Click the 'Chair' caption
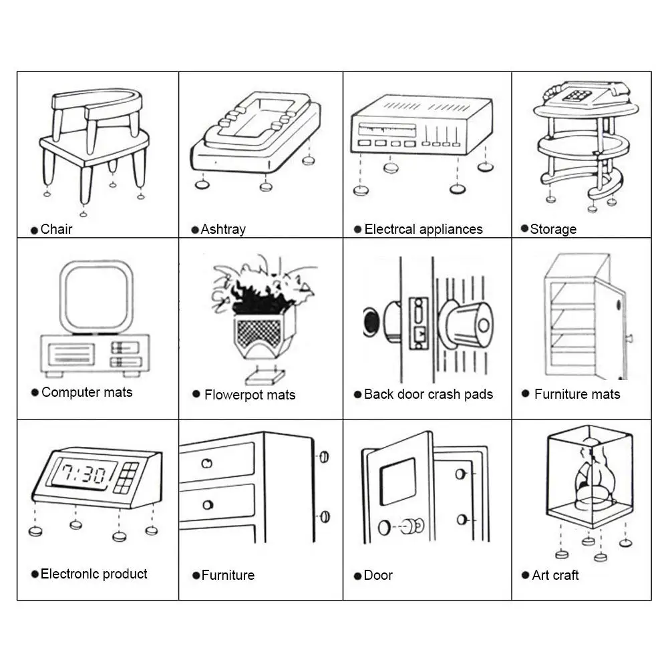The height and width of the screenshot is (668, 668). pyautogui.click(x=56, y=229)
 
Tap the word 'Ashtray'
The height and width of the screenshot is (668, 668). pyautogui.click(x=223, y=229)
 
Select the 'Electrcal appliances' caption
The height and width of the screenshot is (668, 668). pyautogui.click(x=423, y=229)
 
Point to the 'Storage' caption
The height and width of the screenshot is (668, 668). pyautogui.click(x=553, y=229)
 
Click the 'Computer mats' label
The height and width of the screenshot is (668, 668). pyautogui.click(x=87, y=392)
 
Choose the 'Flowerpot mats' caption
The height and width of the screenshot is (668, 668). pyautogui.click(x=249, y=395)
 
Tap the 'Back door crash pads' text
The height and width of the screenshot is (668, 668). pyautogui.click(x=428, y=394)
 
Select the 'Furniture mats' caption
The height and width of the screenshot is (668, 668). pyautogui.click(x=577, y=394)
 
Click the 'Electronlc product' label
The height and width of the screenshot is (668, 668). pyautogui.click(x=94, y=574)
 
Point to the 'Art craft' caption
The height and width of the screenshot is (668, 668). pyautogui.click(x=555, y=575)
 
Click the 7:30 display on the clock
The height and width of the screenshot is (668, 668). pyautogui.click(x=80, y=474)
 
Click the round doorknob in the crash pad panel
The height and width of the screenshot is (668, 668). pyautogui.click(x=468, y=326)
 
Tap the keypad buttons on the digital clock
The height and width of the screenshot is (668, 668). pyautogui.click(x=126, y=477)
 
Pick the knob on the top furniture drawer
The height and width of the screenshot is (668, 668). pyautogui.click(x=208, y=462)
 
